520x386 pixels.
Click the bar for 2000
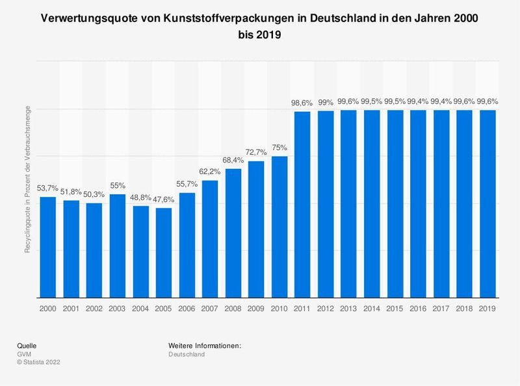(48, 246)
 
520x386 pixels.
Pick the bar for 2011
(302, 204)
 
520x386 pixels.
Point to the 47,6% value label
(164, 200)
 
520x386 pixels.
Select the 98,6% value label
(302, 104)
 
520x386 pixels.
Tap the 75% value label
(279, 148)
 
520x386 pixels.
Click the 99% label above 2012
(326, 103)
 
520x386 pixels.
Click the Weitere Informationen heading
(204, 345)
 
